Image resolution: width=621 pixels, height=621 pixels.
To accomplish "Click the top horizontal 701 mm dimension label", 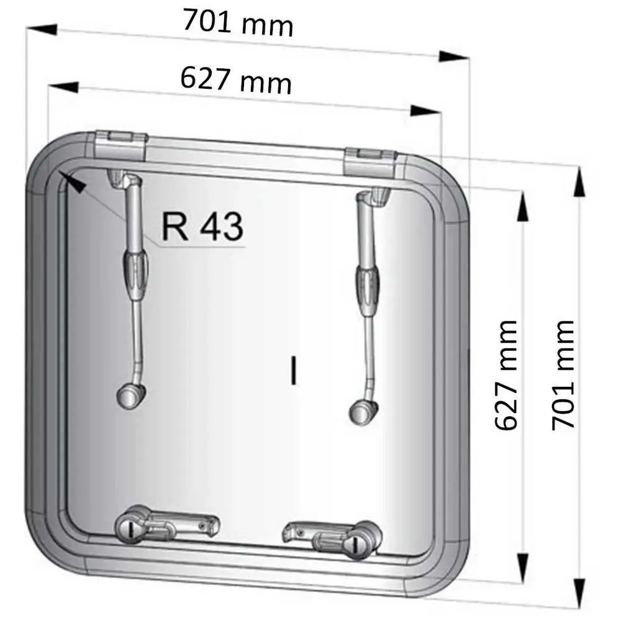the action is click(x=238, y=23).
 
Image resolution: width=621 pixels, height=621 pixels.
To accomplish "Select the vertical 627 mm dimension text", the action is click(x=507, y=375).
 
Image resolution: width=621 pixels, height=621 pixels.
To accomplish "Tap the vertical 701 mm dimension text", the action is click(x=563, y=375).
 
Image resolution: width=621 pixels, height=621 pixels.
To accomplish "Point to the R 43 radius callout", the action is click(x=202, y=227).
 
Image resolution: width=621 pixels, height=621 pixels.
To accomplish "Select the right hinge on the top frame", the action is click(x=369, y=162).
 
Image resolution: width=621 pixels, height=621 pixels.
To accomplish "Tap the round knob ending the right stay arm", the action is click(x=363, y=412).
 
